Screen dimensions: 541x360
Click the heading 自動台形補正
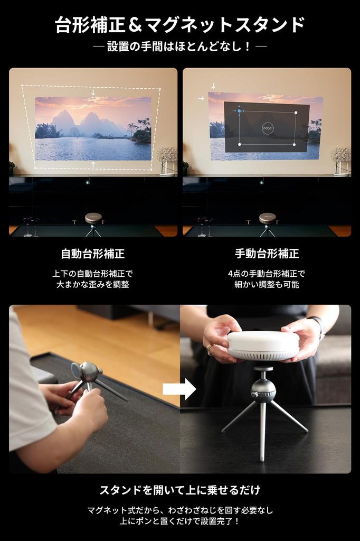pos(93,254)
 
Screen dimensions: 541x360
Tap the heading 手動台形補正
pos(267,254)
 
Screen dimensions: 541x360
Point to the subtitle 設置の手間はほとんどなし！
pos(179,46)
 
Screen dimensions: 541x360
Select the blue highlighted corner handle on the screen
pos(239,111)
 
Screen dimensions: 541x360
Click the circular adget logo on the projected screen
pos(267,128)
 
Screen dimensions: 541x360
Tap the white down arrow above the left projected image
pos(93,92)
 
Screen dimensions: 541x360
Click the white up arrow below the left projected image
pos(93,165)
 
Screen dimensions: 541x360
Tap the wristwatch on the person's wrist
pos(317,325)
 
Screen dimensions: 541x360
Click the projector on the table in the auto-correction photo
pos(93,218)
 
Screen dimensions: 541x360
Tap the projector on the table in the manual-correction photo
pos(267,218)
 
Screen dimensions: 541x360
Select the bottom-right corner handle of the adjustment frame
pos(295,144)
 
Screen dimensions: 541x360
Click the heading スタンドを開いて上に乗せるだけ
pos(179,490)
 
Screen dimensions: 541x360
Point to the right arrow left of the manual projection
pos(201,98)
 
